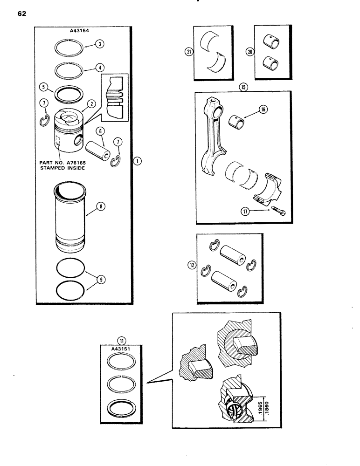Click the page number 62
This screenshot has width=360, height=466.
[x=22, y=14]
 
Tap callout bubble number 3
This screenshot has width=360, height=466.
[x=99, y=45]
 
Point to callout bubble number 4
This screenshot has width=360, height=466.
[x=99, y=67]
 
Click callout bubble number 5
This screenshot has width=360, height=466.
[x=44, y=86]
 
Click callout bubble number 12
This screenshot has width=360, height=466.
[x=191, y=266]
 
